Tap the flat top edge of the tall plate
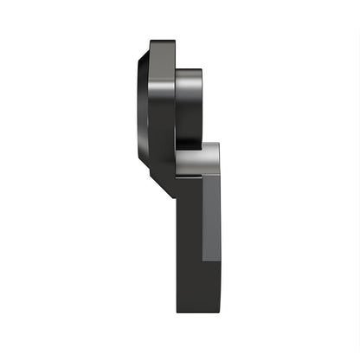click(162, 41)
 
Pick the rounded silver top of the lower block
click(199, 149)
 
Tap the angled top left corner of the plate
click(151, 43)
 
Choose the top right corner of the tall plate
click(174, 42)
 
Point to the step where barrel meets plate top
click(176, 68)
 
